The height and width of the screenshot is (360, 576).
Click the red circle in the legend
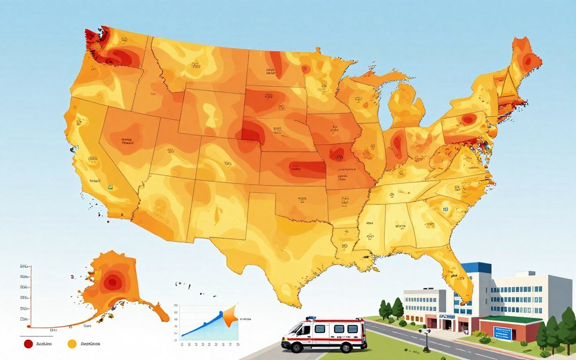tap(28, 344)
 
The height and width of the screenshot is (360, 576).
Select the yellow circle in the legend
tap(71, 344)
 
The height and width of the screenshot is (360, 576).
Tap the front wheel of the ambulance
tap(296, 347)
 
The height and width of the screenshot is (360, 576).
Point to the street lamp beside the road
tap(427, 339)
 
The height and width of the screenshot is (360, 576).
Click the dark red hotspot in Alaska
tap(112, 282)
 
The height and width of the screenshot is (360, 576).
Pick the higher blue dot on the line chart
tap(220, 313)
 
